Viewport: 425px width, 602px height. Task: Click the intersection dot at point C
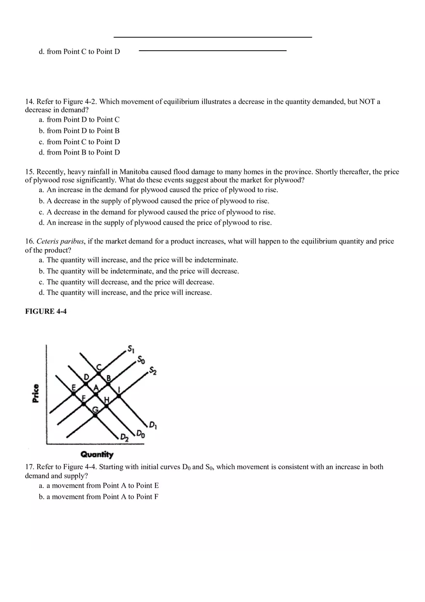[x=98, y=373]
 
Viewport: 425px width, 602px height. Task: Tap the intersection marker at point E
[x=74, y=394]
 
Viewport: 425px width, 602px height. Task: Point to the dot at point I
[x=119, y=395]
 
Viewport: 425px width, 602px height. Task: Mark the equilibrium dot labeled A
[x=96, y=394]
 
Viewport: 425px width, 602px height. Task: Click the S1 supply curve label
[x=131, y=348]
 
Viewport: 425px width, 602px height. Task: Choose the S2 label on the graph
[x=152, y=371]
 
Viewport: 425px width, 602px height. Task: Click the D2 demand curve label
[x=125, y=437]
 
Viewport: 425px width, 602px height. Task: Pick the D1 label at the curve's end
[x=153, y=425]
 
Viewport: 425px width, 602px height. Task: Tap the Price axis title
[x=36, y=393]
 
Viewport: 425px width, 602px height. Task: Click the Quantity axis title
[x=97, y=454]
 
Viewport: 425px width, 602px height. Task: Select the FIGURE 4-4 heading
[x=46, y=311]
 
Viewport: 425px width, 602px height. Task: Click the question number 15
[x=29, y=172]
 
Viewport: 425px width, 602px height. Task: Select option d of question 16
[x=126, y=293]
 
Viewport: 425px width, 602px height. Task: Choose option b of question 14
[x=80, y=130]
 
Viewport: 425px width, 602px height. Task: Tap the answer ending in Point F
[x=99, y=496]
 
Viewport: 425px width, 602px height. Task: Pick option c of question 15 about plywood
[x=157, y=212]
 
